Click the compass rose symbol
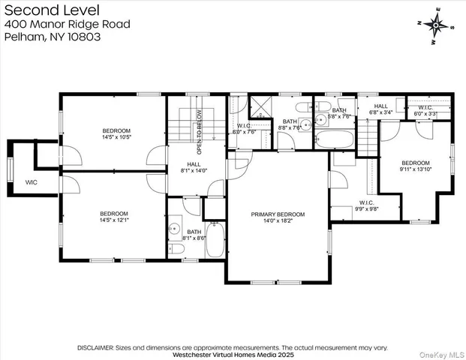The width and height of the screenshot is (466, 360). (436, 24)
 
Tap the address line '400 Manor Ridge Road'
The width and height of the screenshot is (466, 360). (67, 24)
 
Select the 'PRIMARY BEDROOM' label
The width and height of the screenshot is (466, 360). (277, 214)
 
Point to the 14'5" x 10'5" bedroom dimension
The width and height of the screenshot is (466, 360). (116, 137)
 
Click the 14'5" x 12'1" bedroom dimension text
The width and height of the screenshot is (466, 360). (116, 220)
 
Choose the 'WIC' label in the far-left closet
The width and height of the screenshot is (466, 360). (31, 182)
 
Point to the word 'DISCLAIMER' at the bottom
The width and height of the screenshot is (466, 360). (95, 348)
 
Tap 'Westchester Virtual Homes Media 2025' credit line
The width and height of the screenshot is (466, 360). (233, 355)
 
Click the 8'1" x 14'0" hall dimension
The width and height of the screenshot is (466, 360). (197, 171)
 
